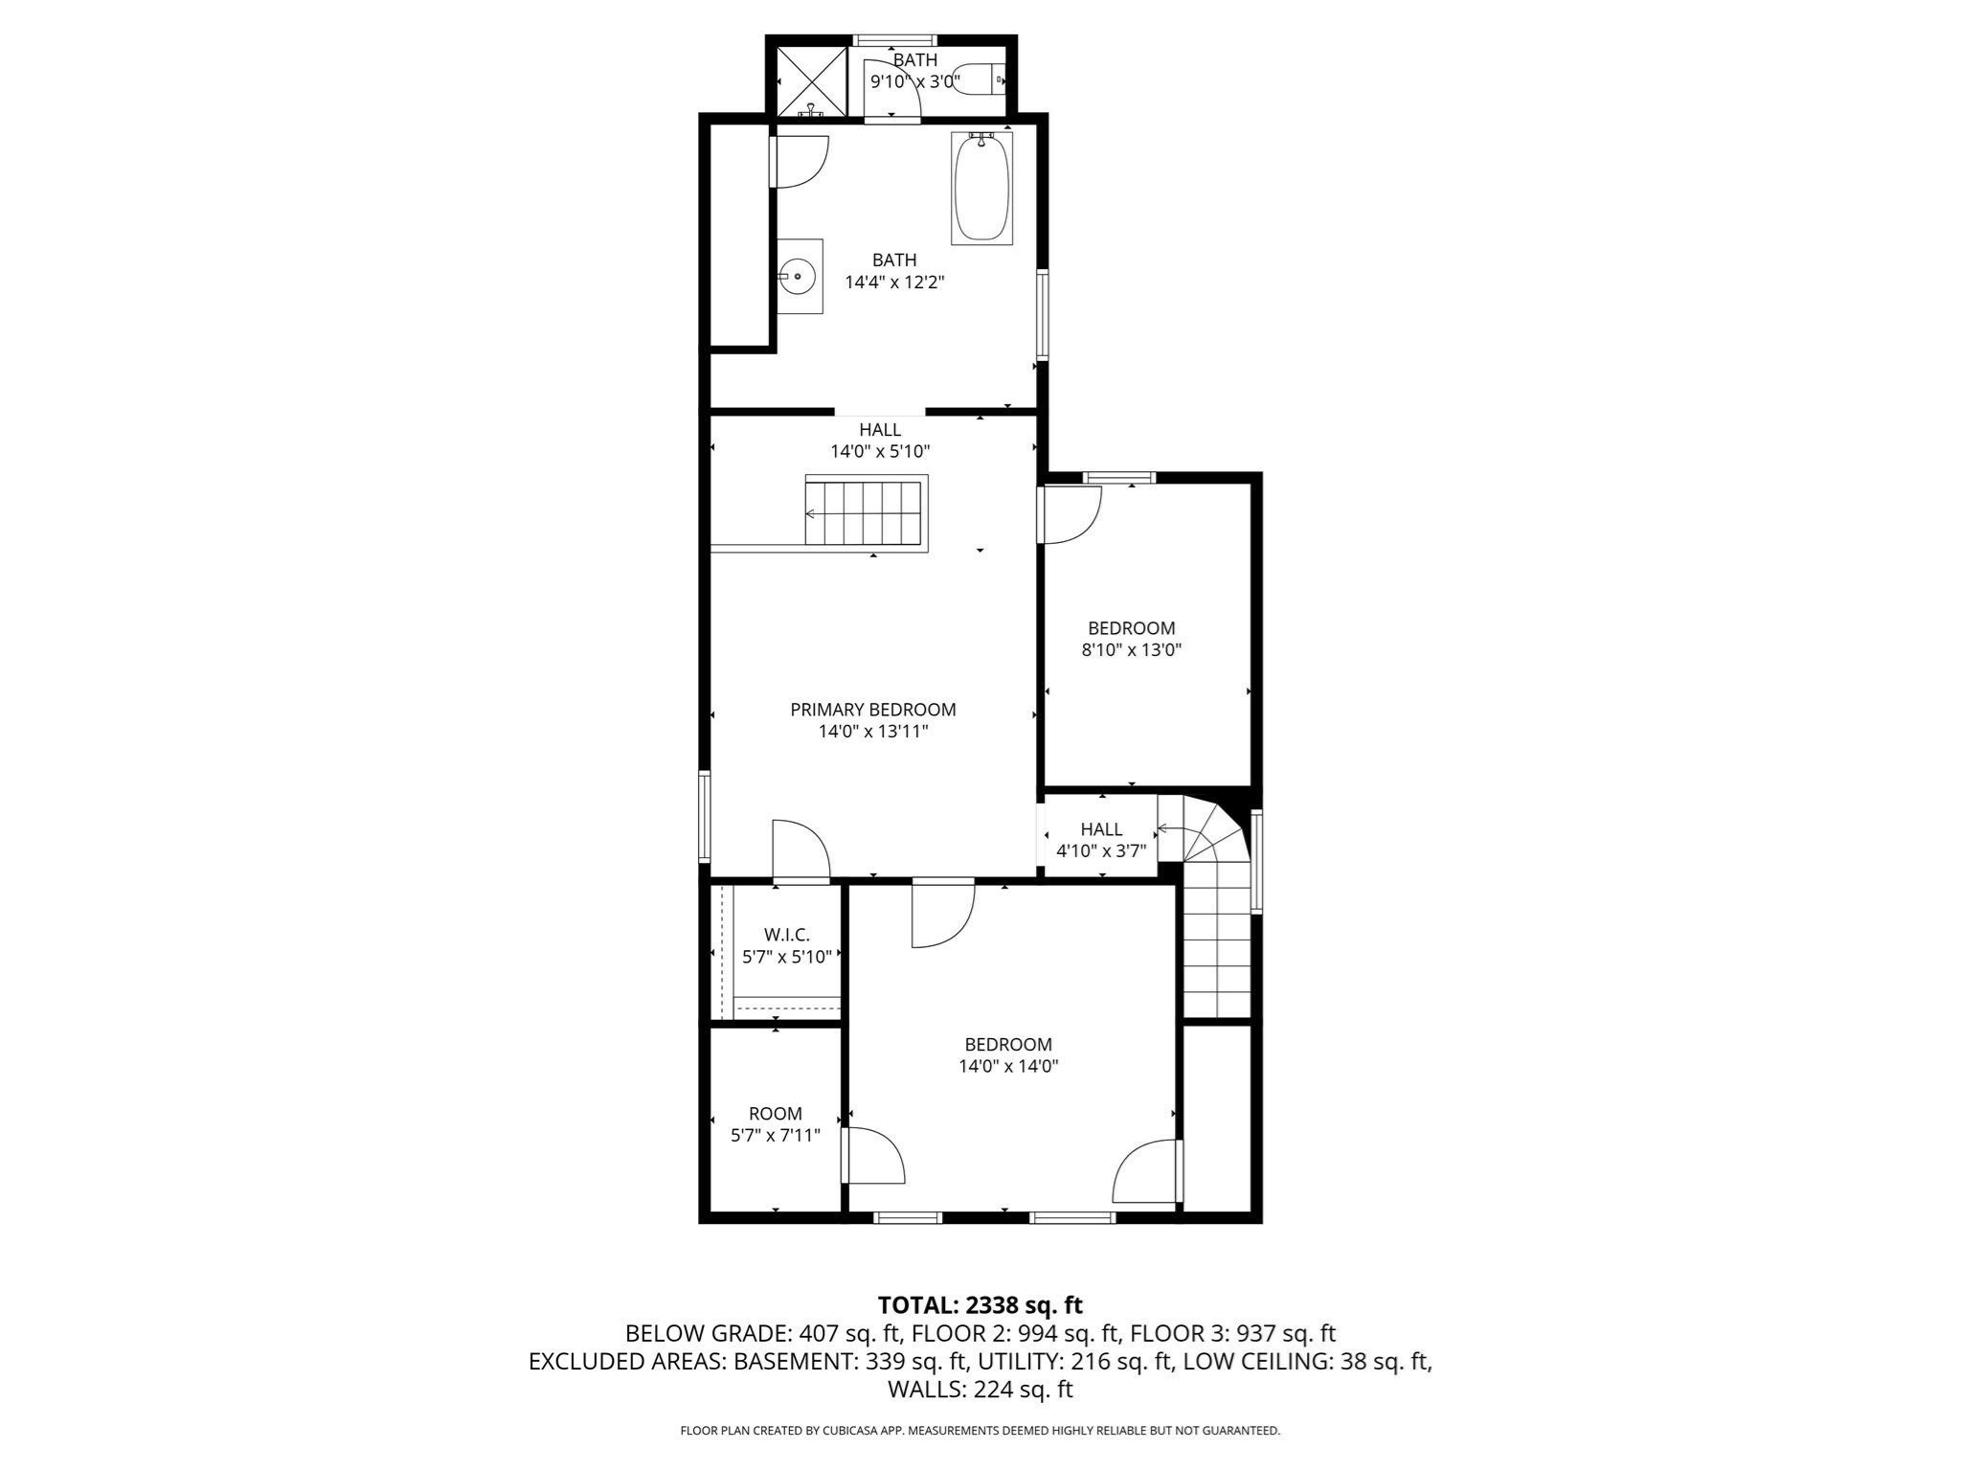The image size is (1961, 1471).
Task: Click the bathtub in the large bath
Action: tap(981, 187)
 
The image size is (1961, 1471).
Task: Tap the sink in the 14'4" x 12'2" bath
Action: tap(799, 277)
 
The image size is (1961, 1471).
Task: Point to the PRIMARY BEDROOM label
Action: tap(872, 710)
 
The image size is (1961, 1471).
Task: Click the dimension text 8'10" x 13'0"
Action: tap(1131, 650)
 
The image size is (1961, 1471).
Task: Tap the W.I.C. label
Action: tap(787, 935)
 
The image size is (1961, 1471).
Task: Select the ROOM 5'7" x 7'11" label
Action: tap(776, 1124)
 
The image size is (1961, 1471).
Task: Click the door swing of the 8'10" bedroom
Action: tap(1071, 513)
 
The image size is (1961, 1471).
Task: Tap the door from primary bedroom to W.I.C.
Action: tap(800, 850)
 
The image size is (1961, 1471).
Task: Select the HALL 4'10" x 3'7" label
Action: tap(1101, 840)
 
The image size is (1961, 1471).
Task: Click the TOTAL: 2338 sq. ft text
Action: tap(980, 1304)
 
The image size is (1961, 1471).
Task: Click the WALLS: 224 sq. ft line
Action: tap(980, 1389)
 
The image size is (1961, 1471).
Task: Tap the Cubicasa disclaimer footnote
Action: tap(980, 1431)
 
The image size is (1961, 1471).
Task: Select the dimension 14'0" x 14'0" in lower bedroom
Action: tap(1008, 1066)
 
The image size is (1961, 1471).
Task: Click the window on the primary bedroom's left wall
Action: tap(705, 817)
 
